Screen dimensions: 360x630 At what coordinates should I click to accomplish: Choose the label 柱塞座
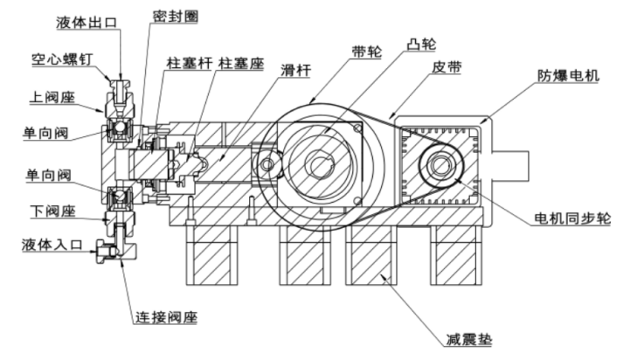point(240,65)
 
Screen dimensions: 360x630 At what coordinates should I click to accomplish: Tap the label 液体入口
point(52,246)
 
